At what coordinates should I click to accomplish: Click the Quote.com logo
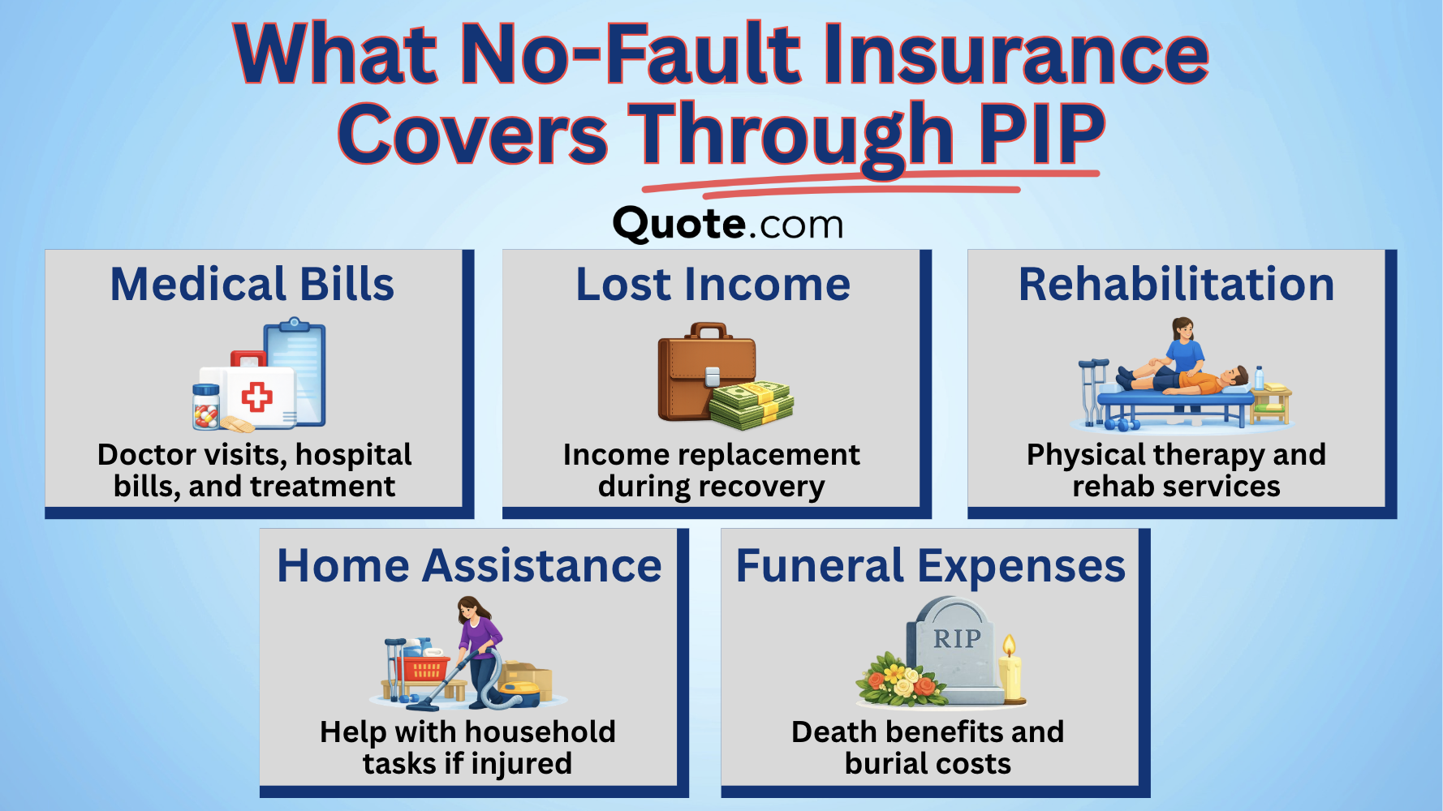tap(728, 225)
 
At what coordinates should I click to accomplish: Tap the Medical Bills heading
tap(252, 285)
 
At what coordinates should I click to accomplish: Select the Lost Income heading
tap(713, 285)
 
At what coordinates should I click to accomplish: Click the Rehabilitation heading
tap(1176, 285)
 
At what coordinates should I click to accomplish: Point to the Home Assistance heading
tap(469, 565)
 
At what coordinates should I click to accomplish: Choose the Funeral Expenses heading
tap(930, 565)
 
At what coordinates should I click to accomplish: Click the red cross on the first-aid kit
tap(257, 397)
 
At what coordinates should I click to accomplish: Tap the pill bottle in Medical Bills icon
tap(206, 408)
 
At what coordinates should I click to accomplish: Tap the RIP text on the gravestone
tap(957, 639)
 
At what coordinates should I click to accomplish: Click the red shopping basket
tap(424, 669)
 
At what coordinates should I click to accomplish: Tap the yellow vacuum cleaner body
tap(519, 694)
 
